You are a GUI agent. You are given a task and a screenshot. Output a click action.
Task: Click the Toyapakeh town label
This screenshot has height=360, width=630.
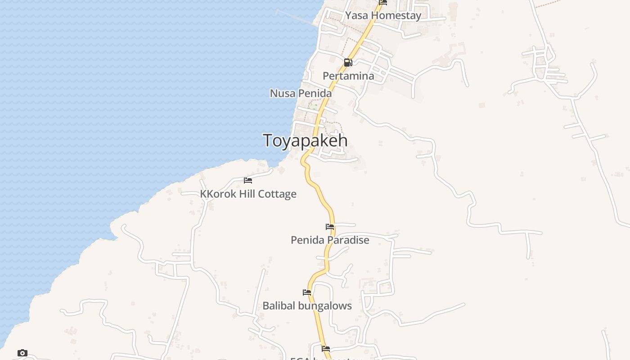tap(305, 140)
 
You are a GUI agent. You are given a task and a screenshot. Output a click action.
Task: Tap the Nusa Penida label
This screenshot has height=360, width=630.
tap(301, 93)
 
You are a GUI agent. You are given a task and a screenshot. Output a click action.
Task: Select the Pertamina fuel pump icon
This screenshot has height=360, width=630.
tap(348, 63)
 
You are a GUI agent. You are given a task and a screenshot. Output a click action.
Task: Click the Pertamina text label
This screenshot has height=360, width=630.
tap(348, 76)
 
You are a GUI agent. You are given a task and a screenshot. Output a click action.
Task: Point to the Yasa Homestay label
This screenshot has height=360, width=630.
tap(383, 15)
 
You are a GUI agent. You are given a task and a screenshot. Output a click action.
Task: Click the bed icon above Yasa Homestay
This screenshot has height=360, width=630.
tap(383, 2)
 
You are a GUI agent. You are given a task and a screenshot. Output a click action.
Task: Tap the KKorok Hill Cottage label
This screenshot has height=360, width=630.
tap(248, 194)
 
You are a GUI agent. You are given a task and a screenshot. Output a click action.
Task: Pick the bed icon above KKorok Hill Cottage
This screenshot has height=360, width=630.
tap(248, 180)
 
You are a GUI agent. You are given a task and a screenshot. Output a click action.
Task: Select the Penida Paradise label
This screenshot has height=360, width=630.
tap(330, 240)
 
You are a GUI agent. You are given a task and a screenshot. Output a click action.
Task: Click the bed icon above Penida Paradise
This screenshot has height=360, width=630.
tap(330, 227)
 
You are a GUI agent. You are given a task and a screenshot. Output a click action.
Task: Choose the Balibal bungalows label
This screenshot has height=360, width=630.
tap(307, 306)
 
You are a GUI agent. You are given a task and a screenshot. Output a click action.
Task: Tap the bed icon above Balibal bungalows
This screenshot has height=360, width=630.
tap(307, 292)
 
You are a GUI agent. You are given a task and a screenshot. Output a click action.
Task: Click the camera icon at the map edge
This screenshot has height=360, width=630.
tap(22, 353)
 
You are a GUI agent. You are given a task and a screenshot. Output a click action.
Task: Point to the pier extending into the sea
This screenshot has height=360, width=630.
tap(295, 17)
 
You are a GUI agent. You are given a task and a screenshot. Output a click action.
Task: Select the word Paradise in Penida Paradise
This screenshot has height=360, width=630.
tap(348, 240)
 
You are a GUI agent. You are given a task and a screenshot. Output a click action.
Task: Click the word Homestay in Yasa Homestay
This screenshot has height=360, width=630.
tap(396, 15)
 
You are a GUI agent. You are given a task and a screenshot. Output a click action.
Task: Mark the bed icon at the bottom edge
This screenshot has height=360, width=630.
tap(326, 349)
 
